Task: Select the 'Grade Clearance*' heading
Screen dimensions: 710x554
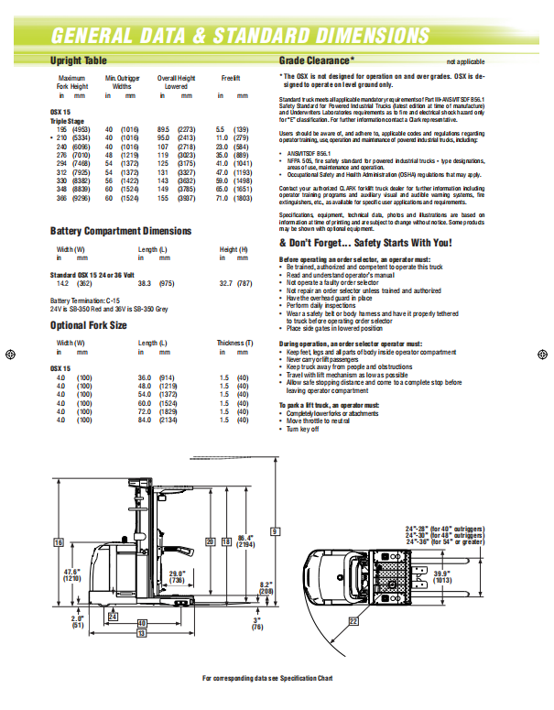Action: click(316, 60)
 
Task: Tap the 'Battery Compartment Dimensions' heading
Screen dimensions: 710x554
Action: click(121, 231)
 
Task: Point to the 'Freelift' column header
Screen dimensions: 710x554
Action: click(230, 79)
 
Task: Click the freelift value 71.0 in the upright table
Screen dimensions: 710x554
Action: click(222, 198)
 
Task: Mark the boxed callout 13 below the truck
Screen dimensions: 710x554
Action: click(141, 632)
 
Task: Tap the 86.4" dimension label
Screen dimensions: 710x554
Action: click(244, 541)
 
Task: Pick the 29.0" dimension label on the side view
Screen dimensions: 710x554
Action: click(178, 575)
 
